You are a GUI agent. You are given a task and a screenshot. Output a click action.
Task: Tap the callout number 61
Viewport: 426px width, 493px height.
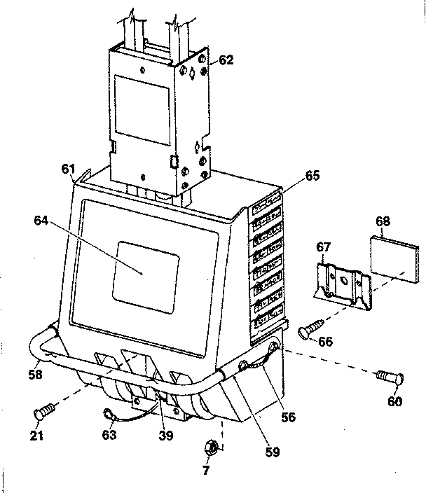tap(68, 169)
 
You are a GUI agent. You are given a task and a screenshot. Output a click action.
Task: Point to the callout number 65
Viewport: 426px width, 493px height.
tap(312, 176)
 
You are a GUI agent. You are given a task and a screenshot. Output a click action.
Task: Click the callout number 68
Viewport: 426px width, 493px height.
tap(383, 221)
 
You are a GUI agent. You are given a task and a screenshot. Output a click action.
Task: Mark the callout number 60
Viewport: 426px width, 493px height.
tap(396, 401)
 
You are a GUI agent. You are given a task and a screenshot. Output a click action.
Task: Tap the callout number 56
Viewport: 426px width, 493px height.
tap(288, 416)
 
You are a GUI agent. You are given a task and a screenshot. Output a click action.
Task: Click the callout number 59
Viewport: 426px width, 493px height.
tap(273, 452)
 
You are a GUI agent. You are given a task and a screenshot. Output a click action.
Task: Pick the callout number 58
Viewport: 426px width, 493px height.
tap(36, 374)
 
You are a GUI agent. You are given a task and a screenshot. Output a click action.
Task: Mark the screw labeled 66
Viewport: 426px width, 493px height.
tap(311, 328)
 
